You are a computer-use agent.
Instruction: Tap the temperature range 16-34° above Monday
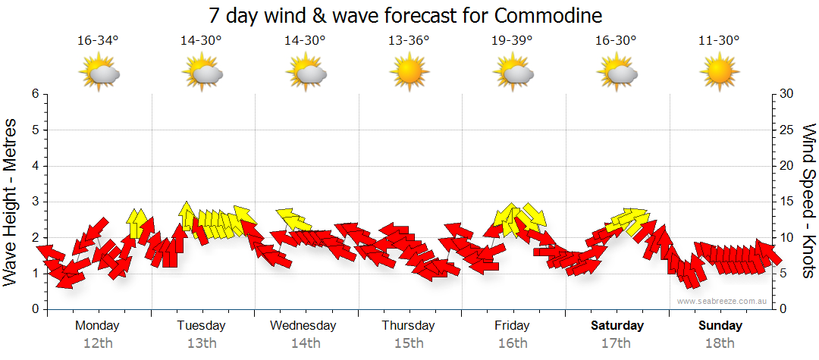coord(98,40)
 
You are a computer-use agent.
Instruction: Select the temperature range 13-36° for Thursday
coord(409,40)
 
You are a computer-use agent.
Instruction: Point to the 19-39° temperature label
coord(513,40)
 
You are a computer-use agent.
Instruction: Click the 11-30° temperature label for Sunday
coord(719,40)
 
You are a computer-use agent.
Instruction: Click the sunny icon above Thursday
coord(409,73)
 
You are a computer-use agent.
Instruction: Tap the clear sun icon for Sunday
coord(719,73)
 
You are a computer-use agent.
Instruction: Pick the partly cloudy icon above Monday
coord(99,73)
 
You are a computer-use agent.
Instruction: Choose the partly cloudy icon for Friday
coord(513,73)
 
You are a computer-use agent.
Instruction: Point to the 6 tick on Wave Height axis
coord(34,94)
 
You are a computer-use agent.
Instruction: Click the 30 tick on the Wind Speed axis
coord(787,94)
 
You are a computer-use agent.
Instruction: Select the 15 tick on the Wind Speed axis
coord(787,202)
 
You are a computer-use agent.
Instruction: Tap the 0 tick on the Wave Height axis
coord(34,309)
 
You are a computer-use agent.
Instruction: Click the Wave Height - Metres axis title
coord(11,202)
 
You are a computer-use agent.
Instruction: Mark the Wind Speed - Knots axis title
coord(808,202)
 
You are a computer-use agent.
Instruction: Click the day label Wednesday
coord(303,326)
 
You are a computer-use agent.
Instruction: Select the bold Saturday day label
coord(617,326)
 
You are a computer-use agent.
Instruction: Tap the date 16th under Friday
coord(513,343)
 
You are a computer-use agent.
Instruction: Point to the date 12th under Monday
coord(98,343)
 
